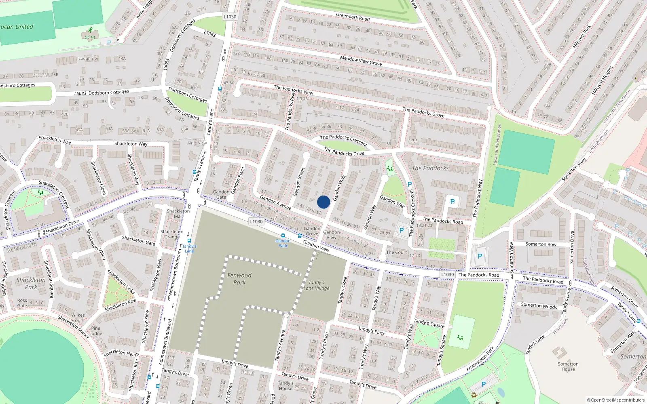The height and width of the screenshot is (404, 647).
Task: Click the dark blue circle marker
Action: coord(323,202)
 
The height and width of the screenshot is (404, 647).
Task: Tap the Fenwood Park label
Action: coord(239,279)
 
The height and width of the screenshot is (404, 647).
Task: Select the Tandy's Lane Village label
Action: coord(316,285)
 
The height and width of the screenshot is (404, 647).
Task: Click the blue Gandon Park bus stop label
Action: coord(283,243)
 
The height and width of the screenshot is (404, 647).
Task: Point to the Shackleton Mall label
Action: coord(178,213)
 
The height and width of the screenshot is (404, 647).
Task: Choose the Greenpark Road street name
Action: coord(353,17)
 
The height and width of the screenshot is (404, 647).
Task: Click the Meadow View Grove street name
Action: coord(361,61)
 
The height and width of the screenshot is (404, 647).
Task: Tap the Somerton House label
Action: coord(568,366)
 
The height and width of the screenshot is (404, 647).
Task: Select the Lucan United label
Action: coord(17,27)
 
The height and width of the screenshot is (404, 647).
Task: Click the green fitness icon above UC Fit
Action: coord(89,30)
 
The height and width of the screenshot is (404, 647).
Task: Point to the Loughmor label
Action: coord(88,59)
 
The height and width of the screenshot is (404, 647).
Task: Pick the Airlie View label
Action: coord(197,143)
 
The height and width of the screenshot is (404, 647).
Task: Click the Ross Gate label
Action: coord(22,303)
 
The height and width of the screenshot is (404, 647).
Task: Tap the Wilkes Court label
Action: coord(78,318)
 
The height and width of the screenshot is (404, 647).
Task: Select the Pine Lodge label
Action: coord(96,331)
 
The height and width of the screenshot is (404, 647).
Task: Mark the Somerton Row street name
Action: coord(541,244)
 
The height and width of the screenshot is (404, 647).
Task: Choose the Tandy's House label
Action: coord(285,386)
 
